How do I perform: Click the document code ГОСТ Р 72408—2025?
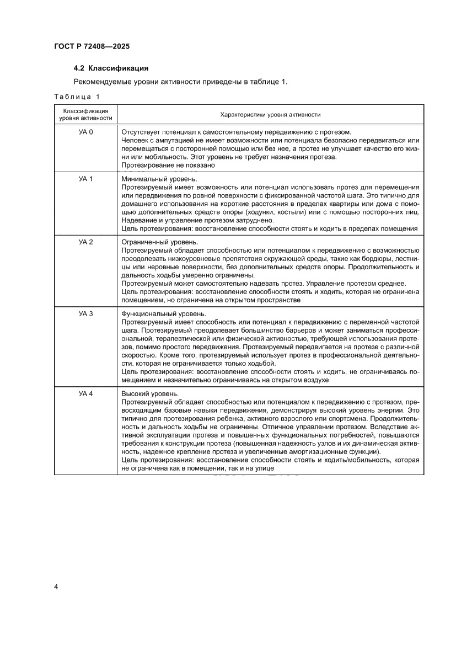(x=92, y=47)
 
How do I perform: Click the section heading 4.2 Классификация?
(x=111, y=69)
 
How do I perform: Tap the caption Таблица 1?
(x=77, y=97)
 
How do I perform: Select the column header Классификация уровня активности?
(x=85, y=114)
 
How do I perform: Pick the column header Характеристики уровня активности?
(x=270, y=114)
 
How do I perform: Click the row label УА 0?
(x=86, y=132)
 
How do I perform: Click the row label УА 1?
(x=86, y=179)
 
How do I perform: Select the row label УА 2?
(x=86, y=242)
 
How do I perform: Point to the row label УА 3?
(x=86, y=313)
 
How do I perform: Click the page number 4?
(x=56, y=586)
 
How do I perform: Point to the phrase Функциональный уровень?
(x=163, y=313)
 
